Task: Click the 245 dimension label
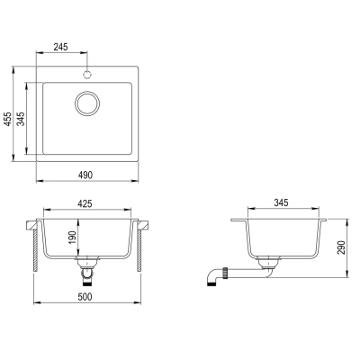[61, 47]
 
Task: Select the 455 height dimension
[8, 119]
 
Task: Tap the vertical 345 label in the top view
[21, 119]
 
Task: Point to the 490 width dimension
[85, 175]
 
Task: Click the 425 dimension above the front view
[85, 204]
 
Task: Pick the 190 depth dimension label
[73, 237]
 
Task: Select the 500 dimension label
[85, 297]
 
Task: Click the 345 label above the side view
[281, 202]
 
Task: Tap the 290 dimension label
[342, 247]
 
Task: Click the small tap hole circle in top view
[87, 74]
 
